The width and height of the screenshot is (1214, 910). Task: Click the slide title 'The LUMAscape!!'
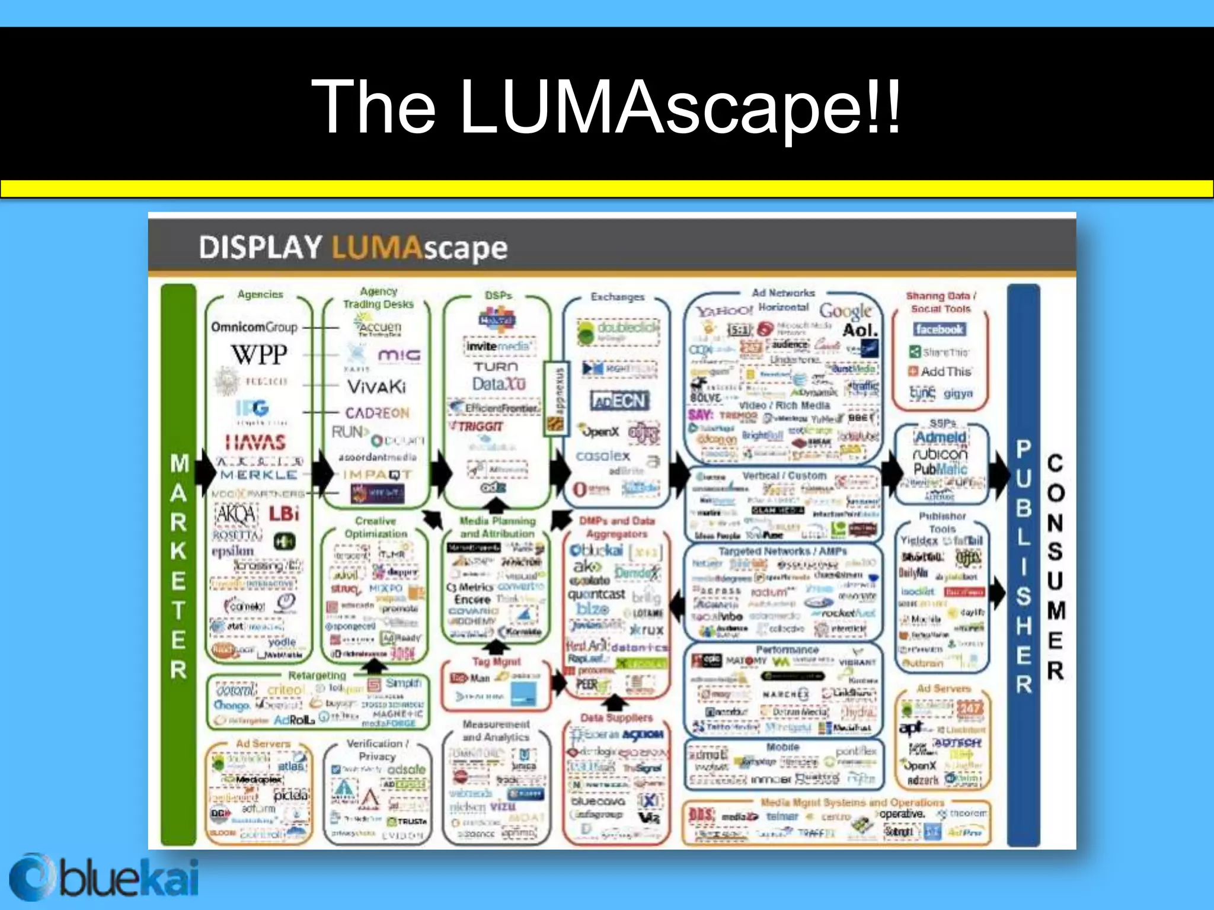pyautogui.click(x=606, y=107)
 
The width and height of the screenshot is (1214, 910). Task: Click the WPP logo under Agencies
pyautogui.click(x=259, y=355)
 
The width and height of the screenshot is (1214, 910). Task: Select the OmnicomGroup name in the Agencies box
pyautogui.click(x=254, y=327)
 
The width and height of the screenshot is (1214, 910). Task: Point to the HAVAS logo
pyautogui.click(x=255, y=442)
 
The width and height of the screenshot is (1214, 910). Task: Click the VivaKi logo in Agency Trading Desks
pyautogui.click(x=377, y=387)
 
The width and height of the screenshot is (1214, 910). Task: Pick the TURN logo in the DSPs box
pyautogui.click(x=496, y=367)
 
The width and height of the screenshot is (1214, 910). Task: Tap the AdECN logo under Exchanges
pyautogui.click(x=619, y=401)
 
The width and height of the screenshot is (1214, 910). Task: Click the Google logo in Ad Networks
pyautogui.click(x=845, y=310)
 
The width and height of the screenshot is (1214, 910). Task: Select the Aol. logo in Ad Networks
pyautogui.click(x=860, y=330)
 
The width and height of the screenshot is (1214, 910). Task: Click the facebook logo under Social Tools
pyautogui.click(x=939, y=329)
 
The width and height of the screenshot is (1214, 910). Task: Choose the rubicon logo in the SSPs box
pyautogui.click(x=940, y=454)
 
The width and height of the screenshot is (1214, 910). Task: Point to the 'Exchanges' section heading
pyautogui.click(x=617, y=297)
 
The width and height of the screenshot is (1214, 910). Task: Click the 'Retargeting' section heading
pyautogui.click(x=317, y=675)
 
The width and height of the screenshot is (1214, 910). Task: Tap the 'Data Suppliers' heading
pyautogui.click(x=616, y=717)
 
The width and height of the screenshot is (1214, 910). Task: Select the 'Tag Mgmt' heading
pyautogui.click(x=497, y=662)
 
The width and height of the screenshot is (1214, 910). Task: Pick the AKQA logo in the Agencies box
pyautogui.click(x=236, y=514)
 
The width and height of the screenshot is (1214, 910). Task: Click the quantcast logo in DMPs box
pyautogui.click(x=596, y=594)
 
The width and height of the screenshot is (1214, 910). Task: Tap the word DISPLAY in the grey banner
pyautogui.click(x=260, y=248)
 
